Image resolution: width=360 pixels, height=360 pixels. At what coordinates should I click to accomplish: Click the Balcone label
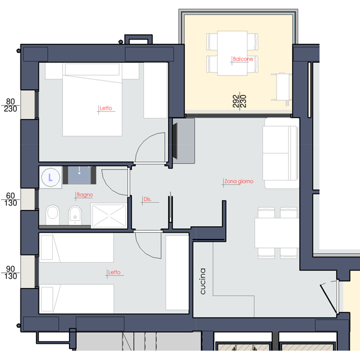[x=243, y=59]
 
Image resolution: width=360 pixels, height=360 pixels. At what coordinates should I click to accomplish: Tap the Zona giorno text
[x=239, y=181]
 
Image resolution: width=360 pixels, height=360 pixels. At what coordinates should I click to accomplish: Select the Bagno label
[x=85, y=194]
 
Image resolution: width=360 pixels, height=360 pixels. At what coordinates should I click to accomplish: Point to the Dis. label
[x=148, y=199]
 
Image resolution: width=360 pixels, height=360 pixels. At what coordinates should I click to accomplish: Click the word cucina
[x=203, y=281]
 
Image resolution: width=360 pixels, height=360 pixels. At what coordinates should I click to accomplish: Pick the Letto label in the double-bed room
[x=106, y=108]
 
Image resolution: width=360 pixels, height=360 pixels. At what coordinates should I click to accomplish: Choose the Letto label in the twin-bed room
[x=115, y=272]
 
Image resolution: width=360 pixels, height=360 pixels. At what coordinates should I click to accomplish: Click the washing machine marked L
[x=50, y=178]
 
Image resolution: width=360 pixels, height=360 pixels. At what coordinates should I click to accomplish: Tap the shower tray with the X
[x=109, y=216]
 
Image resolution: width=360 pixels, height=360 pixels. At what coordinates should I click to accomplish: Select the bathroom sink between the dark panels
[x=79, y=175]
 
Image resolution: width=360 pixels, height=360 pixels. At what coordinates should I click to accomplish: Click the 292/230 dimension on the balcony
[x=239, y=101]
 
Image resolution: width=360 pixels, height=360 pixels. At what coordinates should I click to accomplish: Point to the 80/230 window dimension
[x=10, y=105]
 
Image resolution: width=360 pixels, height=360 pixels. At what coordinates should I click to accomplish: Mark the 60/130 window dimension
[x=11, y=199]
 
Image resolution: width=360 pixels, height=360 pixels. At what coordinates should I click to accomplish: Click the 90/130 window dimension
[x=11, y=272]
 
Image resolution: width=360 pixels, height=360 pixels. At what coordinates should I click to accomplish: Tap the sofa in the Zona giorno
[x=281, y=153]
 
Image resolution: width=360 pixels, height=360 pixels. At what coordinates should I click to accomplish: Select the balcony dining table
[x=232, y=53]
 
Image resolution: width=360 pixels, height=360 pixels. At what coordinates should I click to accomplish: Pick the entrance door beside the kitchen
[x=329, y=298]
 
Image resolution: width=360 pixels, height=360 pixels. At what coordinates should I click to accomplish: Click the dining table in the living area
[x=277, y=233]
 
